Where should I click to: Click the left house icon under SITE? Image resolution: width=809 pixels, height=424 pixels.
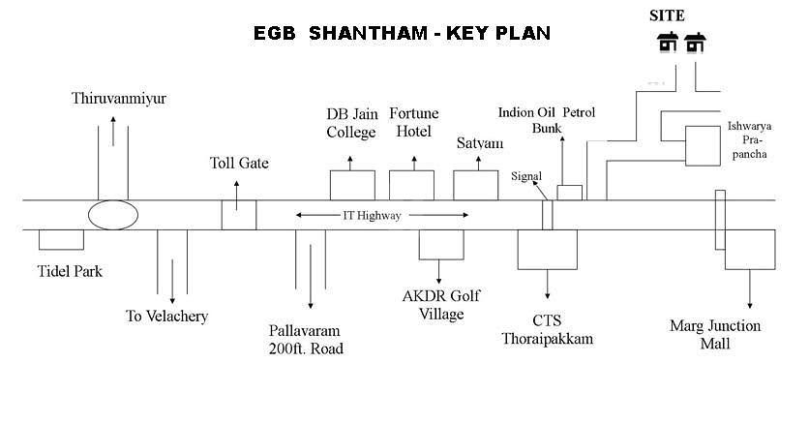click(x=668, y=43)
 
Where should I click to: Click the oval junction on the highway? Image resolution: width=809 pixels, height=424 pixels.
click(x=112, y=215)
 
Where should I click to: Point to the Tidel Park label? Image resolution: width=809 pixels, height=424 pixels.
click(x=70, y=271)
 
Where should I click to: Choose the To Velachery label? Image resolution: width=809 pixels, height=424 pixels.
click(x=167, y=316)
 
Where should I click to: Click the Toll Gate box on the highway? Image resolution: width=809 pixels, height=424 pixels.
click(x=238, y=215)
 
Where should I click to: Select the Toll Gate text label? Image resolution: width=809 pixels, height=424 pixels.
click(x=239, y=163)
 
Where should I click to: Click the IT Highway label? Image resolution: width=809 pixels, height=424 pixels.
click(x=372, y=216)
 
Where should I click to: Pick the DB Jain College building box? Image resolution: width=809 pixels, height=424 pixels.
click(x=351, y=185)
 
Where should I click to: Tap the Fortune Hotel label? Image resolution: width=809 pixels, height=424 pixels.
click(x=411, y=122)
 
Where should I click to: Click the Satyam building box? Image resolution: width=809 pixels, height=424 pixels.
click(x=476, y=185)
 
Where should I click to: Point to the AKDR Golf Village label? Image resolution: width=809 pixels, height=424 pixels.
click(x=440, y=304)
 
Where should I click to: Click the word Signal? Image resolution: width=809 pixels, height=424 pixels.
click(x=528, y=175)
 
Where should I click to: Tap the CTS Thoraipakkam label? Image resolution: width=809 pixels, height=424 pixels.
click(x=547, y=329)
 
